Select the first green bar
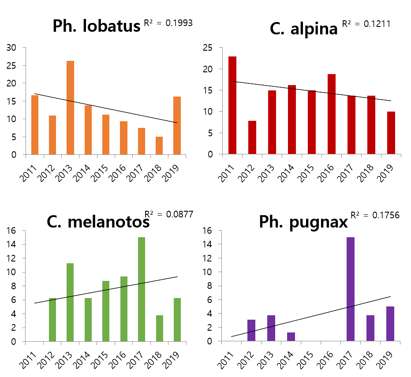click(52, 320)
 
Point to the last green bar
click(177, 320)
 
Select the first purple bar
click(251, 330)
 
